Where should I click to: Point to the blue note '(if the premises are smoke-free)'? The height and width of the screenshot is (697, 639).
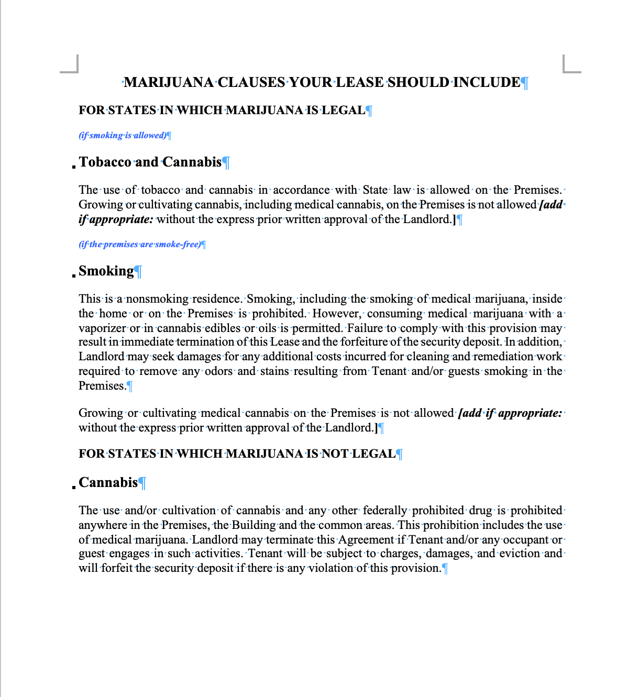140,244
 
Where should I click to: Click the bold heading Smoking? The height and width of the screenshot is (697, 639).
106,271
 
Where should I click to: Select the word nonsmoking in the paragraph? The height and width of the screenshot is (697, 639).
157,298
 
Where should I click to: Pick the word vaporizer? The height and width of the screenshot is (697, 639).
102,328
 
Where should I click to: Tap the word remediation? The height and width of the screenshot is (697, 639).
503,356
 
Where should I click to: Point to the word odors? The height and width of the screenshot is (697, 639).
218,371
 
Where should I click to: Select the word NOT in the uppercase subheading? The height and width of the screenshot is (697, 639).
335,453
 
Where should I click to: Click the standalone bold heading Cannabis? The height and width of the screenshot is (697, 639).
108,482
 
